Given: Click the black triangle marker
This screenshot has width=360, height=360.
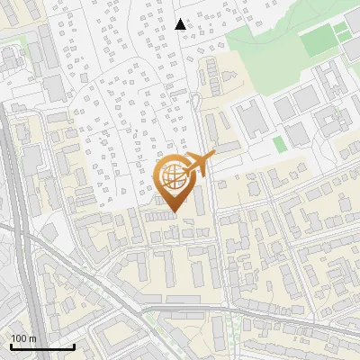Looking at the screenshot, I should point(181,24).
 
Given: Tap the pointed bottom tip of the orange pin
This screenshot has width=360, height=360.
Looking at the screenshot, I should point(173,213).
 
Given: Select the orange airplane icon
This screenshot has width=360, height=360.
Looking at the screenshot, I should point(199,165).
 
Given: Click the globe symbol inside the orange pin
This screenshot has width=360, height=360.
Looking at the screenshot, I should point(172,177).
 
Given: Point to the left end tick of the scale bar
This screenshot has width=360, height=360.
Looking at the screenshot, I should point(11,346).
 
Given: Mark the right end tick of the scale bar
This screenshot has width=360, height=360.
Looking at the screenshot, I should point(74,346).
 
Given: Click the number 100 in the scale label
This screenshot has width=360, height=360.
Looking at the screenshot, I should point(19,339).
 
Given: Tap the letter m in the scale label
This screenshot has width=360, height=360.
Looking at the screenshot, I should point(31,339).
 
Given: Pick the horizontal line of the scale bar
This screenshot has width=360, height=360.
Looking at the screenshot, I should point(42,347).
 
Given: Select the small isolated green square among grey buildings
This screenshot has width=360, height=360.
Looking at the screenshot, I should point(279,143).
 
